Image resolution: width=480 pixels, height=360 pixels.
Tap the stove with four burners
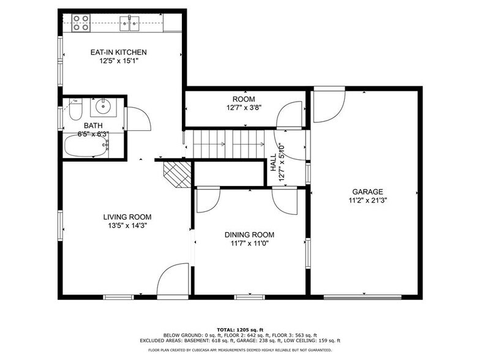coord(81,23)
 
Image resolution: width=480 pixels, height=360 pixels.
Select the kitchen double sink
coord(130,24)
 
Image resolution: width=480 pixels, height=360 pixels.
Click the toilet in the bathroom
coord(75,111)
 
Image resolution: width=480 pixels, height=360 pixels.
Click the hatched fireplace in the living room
coord(176,174)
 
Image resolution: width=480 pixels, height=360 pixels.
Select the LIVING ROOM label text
coord(127,217)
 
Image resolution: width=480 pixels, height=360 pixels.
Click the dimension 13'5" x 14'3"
coord(127,225)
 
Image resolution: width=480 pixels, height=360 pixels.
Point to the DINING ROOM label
coord(249,234)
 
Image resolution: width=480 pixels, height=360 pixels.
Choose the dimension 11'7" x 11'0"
coord(249,243)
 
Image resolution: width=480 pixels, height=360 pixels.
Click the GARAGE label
coord(366,191)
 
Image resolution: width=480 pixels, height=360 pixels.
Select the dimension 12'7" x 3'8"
coord(243,108)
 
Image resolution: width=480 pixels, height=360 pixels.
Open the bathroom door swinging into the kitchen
coord(138,118)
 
